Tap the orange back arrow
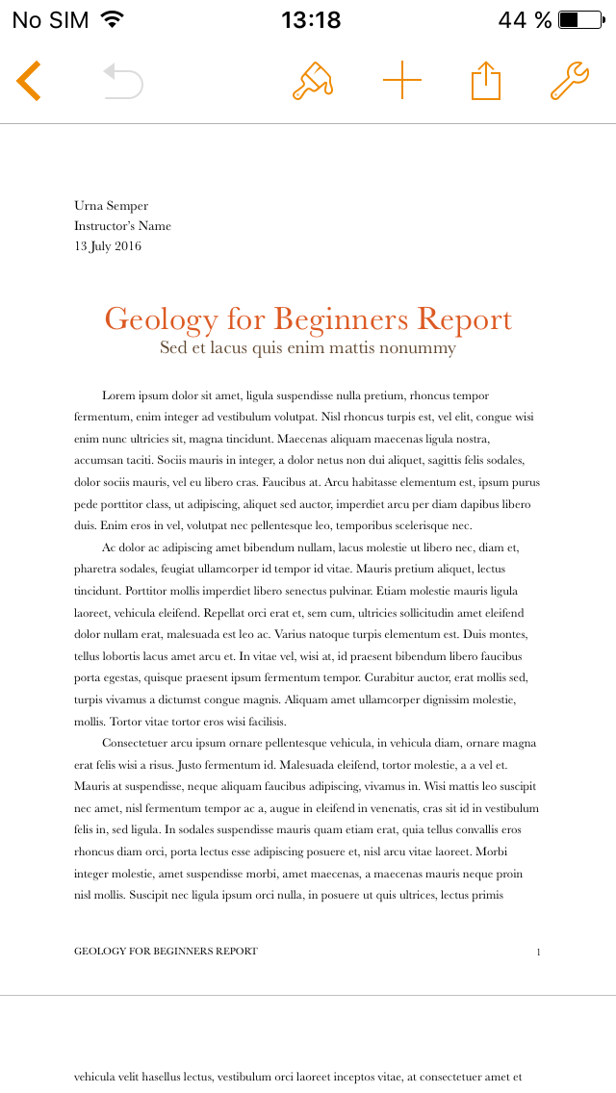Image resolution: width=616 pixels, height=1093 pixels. pyautogui.click(x=29, y=81)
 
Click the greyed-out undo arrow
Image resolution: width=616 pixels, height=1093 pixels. pyautogui.click(x=123, y=82)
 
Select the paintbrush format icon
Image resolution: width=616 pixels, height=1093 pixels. pyautogui.click(x=312, y=81)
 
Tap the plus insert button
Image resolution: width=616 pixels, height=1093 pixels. pyautogui.click(x=402, y=81)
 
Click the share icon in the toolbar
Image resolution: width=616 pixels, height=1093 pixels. pyautogui.click(x=486, y=81)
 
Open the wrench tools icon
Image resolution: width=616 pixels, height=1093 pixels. pyautogui.click(x=569, y=81)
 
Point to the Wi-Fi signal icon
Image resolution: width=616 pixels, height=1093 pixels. pyautogui.click(x=113, y=19)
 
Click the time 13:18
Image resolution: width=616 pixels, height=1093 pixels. pyautogui.click(x=311, y=19)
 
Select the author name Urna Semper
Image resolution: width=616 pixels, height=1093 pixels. pyautogui.click(x=112, y=206)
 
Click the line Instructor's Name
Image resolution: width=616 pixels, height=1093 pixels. pyautogui.click(x=122, y=226)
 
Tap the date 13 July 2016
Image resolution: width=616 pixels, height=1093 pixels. pyautogui.click(x=108, y=246)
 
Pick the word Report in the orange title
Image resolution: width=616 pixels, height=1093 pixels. pyautogui.click(x=464, y=318)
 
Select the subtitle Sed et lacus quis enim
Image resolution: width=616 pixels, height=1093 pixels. pyautogui.click(x=308, y=348)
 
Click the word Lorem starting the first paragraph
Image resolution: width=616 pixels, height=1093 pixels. pyautogui.click(x=116, y=395)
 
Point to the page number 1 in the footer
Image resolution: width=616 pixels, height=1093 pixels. pyautogui.click(x=538, y=952)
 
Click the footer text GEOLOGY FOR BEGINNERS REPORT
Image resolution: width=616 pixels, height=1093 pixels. pyautogui.click(x=166, y=952)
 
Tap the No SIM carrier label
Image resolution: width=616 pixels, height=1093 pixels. pyautogui.click(x=50, y=19)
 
